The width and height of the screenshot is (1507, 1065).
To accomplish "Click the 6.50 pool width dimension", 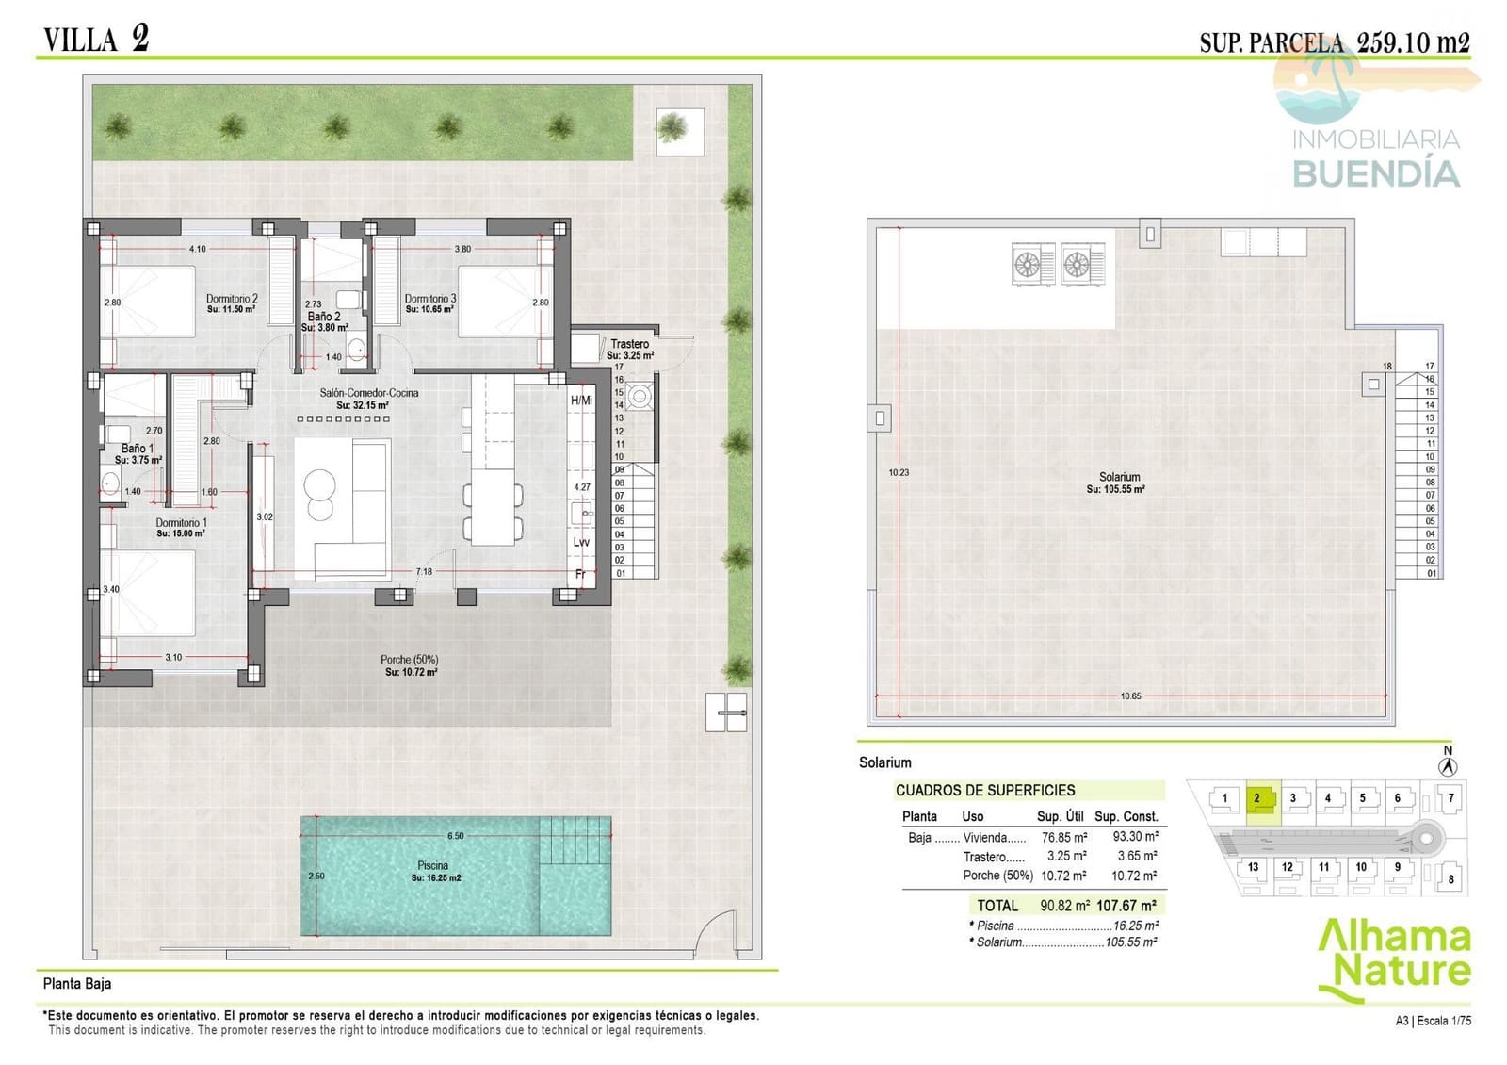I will tap(456, 836).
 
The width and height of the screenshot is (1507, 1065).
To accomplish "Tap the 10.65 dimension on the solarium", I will tap(1130, 696).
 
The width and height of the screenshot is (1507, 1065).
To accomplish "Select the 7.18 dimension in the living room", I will tap(424, 572).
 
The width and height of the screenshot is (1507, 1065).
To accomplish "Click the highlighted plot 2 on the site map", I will tap(1258, 798).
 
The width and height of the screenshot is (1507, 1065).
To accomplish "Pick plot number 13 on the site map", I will tap(1253, 867).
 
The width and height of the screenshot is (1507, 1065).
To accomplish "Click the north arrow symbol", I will tap(1449, 766).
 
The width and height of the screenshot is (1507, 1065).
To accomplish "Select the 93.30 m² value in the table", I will tap(1135, 836).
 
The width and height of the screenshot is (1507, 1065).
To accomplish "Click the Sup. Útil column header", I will tap(1060, 816).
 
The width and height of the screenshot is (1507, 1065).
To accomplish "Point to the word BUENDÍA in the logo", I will tap(1375, 173).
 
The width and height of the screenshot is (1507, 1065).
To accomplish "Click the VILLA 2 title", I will tap(96, 39).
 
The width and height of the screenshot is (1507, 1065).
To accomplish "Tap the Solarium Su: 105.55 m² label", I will tap(1118, 483).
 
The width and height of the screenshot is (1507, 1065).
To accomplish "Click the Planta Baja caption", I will tap(77, 984).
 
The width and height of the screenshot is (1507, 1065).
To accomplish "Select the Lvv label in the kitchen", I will tap(581, 542).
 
